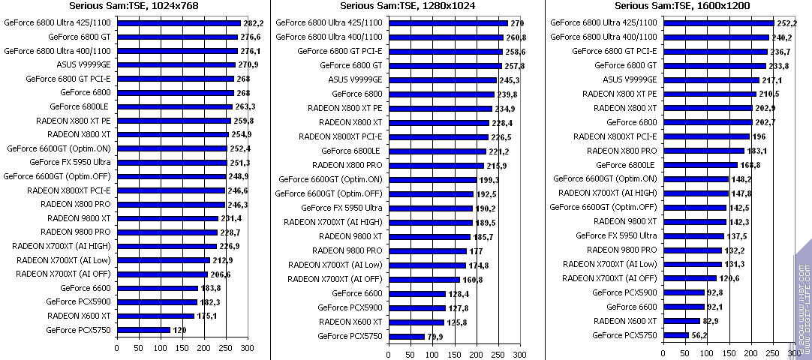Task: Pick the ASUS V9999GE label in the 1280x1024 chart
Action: [x=355, y=79]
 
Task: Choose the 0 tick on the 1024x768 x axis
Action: [x=116, y=348]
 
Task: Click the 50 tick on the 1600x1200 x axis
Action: [x=685, y=353]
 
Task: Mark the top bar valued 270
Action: [x=448, y=22]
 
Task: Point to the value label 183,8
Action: [x=209, y=289]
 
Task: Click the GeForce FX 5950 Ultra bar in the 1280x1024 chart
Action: [x=431, y=208]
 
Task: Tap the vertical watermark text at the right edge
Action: [x=803, y=300]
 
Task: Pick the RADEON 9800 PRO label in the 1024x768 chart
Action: [x=75, y=232]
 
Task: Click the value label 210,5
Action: [x=769, y=94]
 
